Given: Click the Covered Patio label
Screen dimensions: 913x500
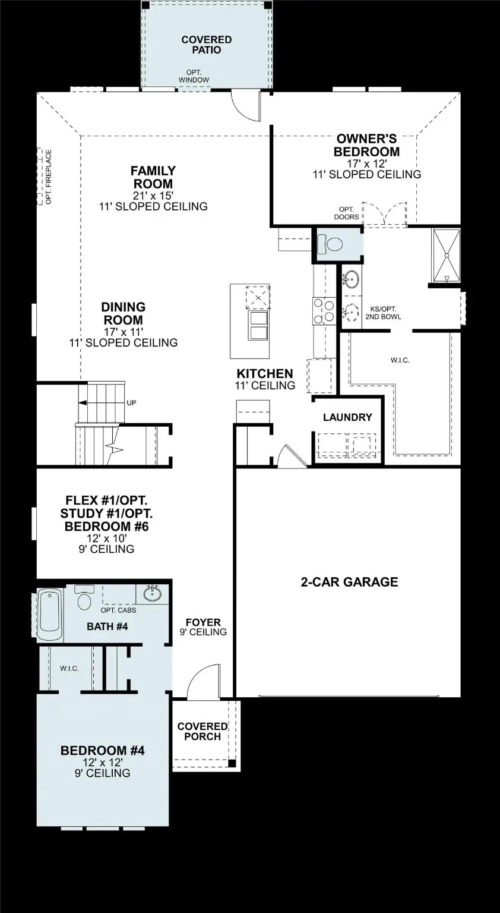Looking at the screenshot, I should click(x=207, y=45).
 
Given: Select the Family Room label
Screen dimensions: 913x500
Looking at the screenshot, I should click(x=153, y=177).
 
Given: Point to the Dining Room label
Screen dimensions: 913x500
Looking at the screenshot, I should click(x=123, y=314).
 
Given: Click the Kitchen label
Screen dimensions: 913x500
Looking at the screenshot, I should click(x=265, y=374).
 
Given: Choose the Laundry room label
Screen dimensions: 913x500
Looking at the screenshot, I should click(x=347, y=417).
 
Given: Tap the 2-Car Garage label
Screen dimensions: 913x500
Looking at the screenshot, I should click(x=349, y=582).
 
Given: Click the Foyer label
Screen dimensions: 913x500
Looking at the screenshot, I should click(x=203, y=623).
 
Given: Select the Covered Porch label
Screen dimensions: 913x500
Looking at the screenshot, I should click(x=202, y=731).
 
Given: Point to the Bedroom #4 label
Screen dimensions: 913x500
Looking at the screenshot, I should click(x=103, y=751).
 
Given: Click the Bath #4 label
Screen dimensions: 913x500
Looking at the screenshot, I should click(x=107, y=626).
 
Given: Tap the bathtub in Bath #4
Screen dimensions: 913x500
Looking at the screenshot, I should click(x=50, y=614).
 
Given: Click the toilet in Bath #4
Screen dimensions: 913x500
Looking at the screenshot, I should click(x=85, y=598).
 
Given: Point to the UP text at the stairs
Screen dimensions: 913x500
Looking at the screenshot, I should click(x=131, y=402).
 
